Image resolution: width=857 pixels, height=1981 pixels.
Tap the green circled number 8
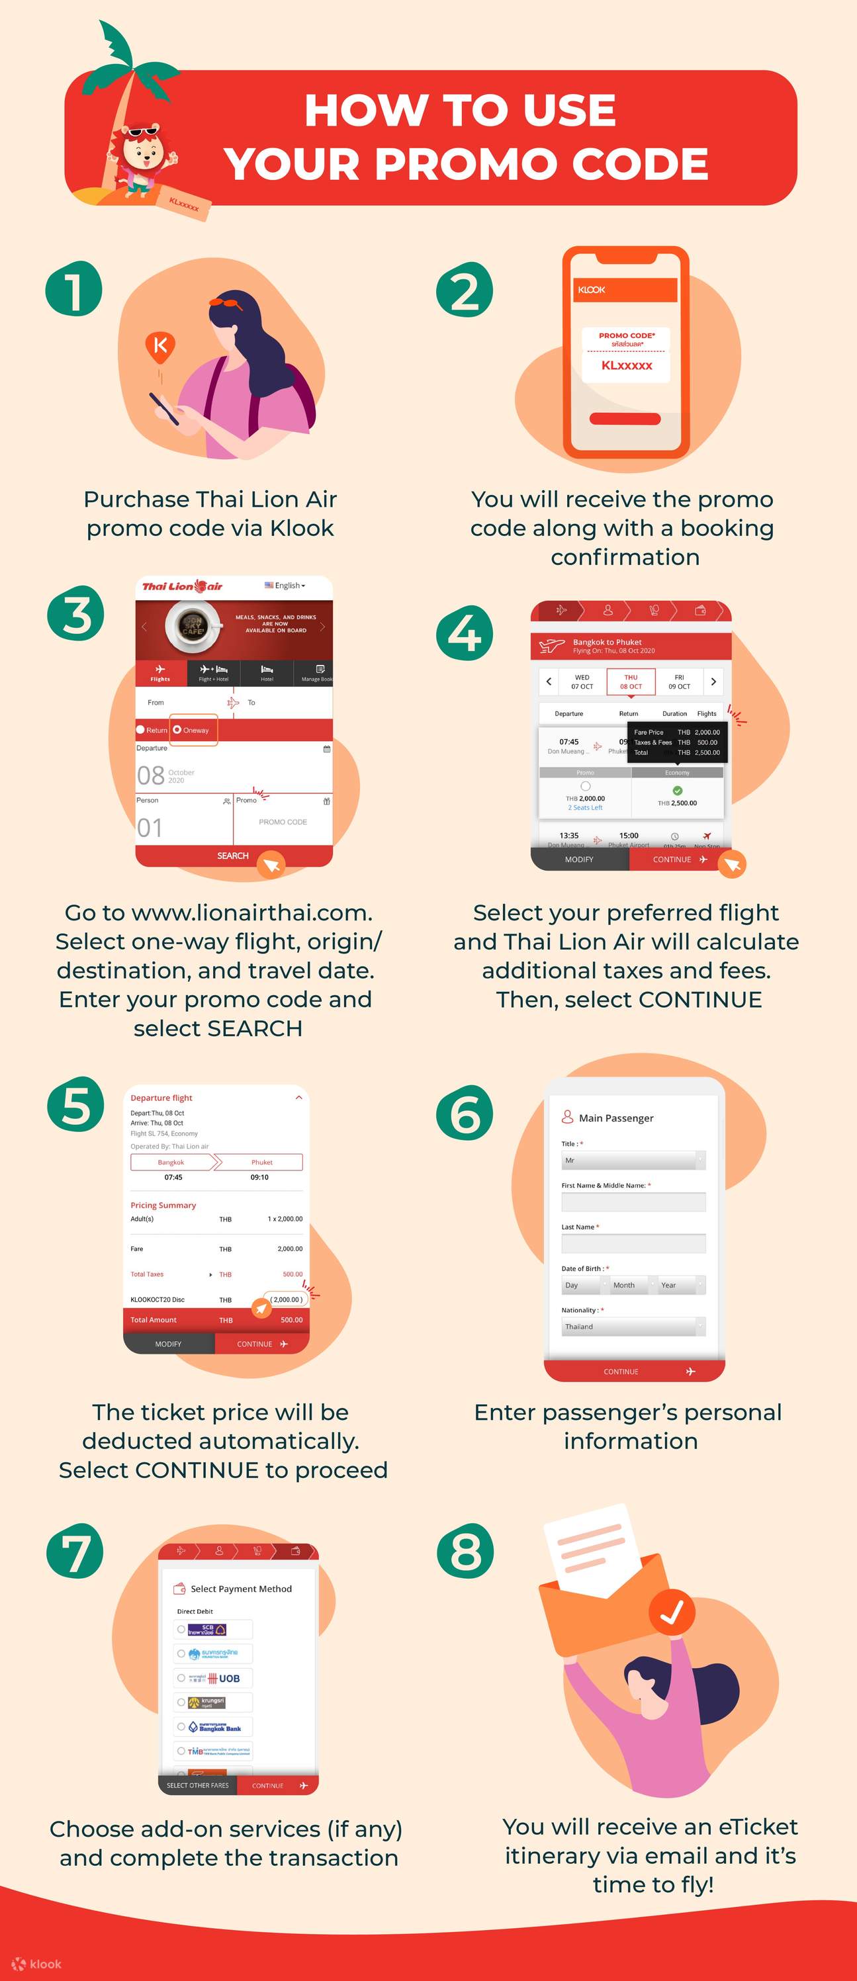465,1550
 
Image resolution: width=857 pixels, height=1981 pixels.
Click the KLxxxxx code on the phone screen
626,365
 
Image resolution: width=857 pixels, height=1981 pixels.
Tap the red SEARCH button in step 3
232,855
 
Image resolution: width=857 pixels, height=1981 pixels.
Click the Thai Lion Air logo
183,586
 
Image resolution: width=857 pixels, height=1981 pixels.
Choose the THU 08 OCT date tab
631,682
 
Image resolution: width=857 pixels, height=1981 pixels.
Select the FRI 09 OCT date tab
678,682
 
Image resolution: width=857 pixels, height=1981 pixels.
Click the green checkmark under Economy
677,791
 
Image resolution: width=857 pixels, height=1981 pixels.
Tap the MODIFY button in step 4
579,859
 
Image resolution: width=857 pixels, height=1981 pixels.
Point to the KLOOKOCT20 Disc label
158,1299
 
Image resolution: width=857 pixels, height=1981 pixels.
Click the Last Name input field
633,1243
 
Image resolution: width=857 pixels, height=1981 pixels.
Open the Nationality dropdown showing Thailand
633,1327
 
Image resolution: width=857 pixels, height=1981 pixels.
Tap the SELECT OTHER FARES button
198,1786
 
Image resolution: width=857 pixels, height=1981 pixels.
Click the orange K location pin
160,346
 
